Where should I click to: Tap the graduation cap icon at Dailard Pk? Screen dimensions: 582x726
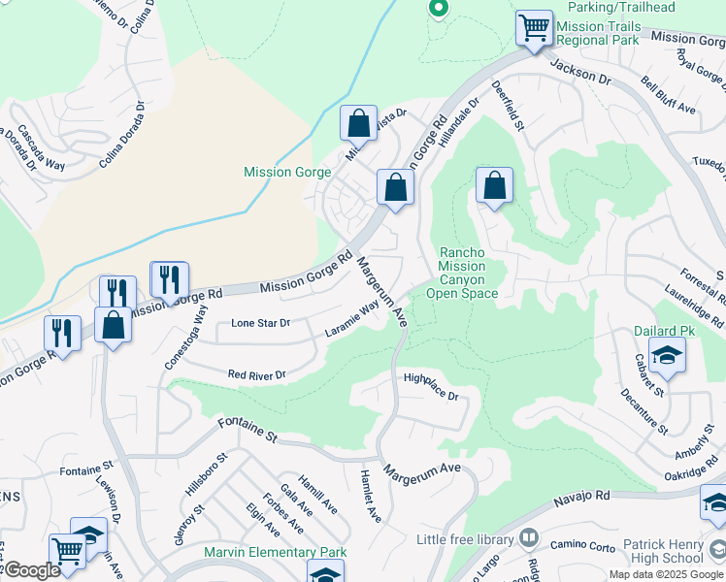tap(668, 356)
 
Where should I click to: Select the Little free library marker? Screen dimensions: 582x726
tap(529, 537)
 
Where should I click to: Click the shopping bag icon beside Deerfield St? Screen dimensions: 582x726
tap(494, 184)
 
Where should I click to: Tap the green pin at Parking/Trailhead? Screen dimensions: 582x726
tap(438, 9)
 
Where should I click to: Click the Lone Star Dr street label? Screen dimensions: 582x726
tap(260, 323)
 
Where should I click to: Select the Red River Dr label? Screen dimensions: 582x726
tap(256, 374)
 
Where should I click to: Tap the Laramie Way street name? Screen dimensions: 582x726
tap(352, 318)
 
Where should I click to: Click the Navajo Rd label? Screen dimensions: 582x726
tap(582, 497)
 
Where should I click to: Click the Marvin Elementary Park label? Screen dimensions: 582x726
tap(276, 553)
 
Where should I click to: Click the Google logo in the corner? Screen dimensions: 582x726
tap(31, 570)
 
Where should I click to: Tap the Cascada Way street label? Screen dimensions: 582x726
tap(41, 148)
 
